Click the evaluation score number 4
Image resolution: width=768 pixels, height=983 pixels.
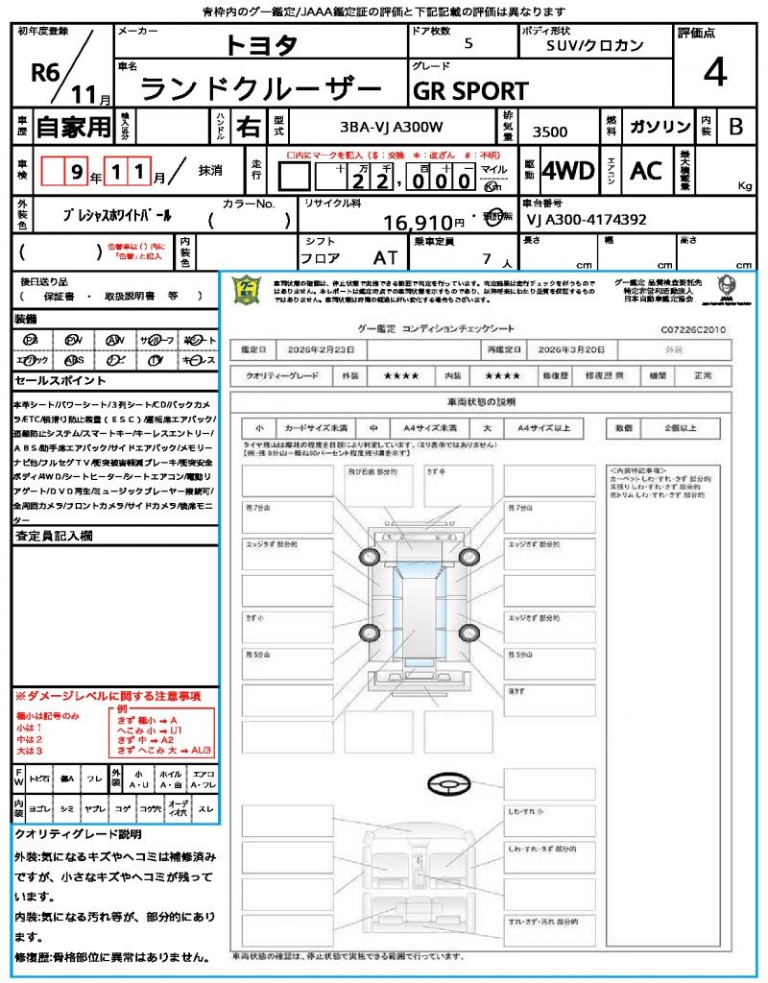714,74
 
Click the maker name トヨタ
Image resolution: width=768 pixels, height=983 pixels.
261,44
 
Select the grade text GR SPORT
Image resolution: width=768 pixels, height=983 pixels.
470,90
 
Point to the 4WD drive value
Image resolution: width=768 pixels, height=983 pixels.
568,171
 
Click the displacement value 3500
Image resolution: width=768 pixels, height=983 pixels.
549,132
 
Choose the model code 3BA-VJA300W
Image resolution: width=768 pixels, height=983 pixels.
392,126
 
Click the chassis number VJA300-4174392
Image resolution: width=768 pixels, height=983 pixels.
587,220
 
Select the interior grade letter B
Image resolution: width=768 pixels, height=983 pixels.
735,126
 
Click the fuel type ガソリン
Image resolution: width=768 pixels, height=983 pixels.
660,126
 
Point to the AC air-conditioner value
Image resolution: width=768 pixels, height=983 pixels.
646,171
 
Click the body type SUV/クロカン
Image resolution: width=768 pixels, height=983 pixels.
595,44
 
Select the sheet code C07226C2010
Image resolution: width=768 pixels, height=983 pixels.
692,329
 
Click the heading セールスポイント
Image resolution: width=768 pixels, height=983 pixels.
53,380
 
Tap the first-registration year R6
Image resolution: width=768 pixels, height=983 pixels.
46,72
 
